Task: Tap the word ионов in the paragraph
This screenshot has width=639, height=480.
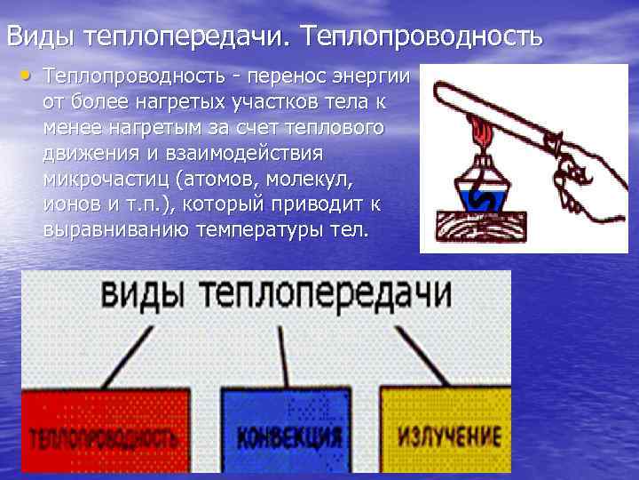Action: tap(72, 204)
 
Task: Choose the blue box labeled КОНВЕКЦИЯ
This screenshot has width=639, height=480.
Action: tap(288, 435)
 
